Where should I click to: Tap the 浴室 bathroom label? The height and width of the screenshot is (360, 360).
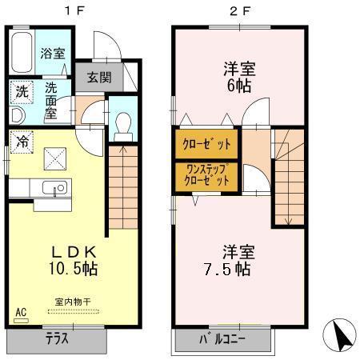coord(53,54)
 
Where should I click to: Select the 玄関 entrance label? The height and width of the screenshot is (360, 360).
coord(99,78)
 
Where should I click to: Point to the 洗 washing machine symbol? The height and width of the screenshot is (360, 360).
coord(22,92)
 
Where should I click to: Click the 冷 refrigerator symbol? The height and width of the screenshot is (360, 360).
coord(22,141)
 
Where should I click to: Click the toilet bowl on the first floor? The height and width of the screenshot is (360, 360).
coord(122,124)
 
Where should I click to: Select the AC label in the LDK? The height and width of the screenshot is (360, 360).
coord(21,312)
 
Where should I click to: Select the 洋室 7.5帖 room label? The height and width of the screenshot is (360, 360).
coord(228,258)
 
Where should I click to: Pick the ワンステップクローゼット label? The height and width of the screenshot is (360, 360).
coord(206,175)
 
